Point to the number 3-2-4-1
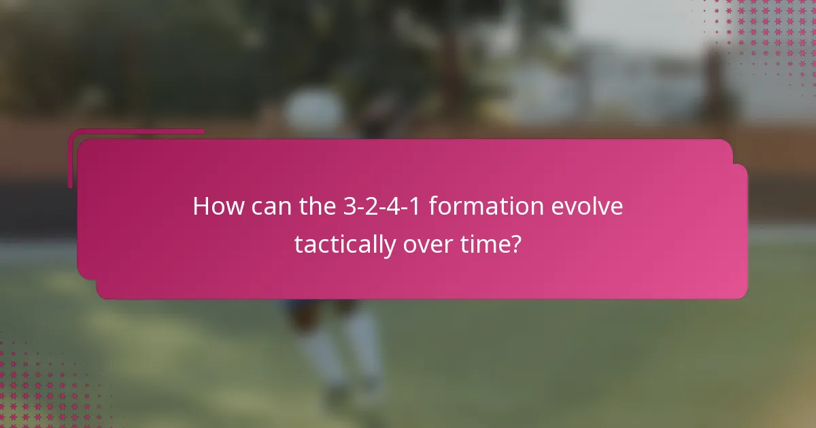[x=383, y=206]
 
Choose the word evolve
[x=590, y=206]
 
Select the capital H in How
[x=201, y=206]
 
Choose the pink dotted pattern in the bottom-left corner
[x=41, y=387]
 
